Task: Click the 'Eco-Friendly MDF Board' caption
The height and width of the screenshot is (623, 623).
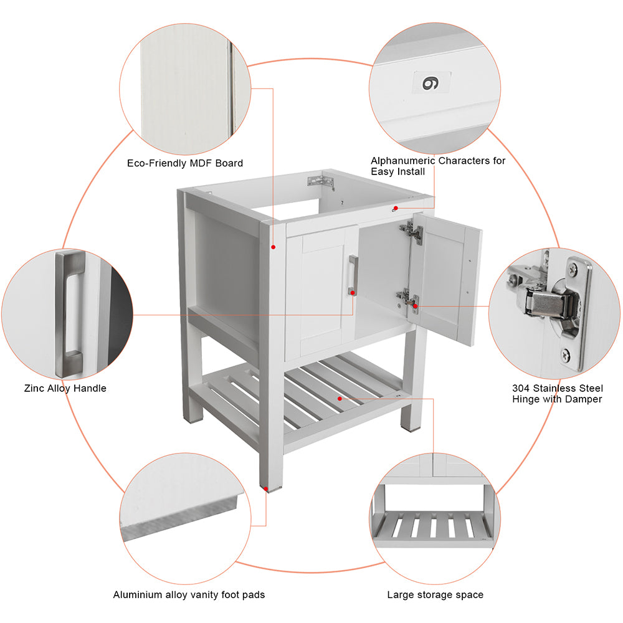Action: (185, 163)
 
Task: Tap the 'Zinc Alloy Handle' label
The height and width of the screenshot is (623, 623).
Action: (65, 388)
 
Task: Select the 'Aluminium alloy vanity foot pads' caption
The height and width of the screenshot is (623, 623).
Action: (189, 595)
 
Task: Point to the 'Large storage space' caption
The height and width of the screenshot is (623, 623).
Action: (435, 595)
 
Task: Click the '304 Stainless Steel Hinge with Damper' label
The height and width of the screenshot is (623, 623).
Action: (557, 393)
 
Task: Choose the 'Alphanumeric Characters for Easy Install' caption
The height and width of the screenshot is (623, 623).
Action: (438, 166)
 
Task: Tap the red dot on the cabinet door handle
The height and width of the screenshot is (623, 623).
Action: (353, 293)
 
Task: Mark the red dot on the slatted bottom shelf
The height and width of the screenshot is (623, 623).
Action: (340, 398)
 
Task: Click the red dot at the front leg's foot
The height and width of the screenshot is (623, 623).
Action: (265, 488)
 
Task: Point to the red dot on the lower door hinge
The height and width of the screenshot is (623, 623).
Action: (415, 306)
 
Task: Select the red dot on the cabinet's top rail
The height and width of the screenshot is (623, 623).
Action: (396, 208)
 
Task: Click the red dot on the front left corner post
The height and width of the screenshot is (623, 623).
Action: (273, 247)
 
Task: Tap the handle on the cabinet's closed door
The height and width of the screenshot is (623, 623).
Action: (353, 275)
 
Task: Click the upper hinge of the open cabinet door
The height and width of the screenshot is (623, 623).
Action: (412, 232)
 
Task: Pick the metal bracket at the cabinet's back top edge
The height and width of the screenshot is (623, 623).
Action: (321, 181)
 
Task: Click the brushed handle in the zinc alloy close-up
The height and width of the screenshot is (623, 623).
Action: (70, 314)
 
